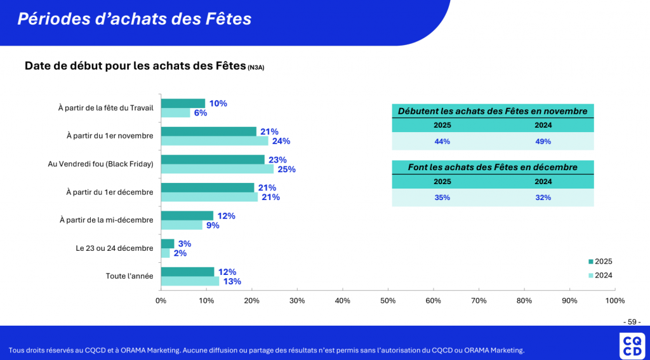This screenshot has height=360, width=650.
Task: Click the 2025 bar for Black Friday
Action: coord(213,159)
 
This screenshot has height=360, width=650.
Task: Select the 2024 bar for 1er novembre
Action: coord(215,141)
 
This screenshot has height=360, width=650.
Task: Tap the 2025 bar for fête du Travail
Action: coord(183,103)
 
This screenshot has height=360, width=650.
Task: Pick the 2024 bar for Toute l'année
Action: coord(190,281)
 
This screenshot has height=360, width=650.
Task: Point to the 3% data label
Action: coord(185,244)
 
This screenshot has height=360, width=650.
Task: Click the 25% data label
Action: coord(286,170)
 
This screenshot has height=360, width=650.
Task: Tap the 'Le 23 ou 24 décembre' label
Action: coord(114,248)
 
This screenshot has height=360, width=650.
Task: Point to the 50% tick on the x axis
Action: coord(388,300)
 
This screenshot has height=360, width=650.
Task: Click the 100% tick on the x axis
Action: coord(614,300)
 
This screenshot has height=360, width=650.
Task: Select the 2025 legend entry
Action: coord(600,262)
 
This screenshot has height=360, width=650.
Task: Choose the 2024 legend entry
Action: coord(600,276)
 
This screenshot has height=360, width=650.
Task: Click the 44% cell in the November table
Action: coord(442,142)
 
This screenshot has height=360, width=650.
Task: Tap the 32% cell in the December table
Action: coord(543,197)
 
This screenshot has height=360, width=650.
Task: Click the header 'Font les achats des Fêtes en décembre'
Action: coord(493,167)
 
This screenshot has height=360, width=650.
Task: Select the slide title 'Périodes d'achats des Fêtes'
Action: coord(135,19)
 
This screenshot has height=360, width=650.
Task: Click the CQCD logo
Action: coord(632,347)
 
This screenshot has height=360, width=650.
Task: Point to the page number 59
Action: coord(632,321)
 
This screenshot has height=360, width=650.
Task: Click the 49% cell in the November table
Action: coord(543,142)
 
